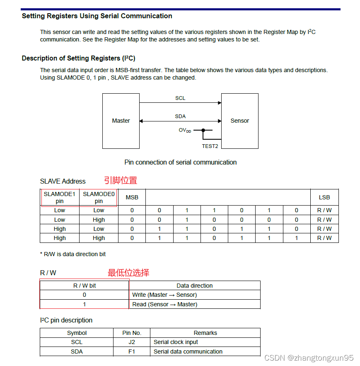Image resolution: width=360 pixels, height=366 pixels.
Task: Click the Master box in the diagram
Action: [121, 121]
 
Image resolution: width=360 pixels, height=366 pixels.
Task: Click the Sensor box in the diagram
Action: [239, 121]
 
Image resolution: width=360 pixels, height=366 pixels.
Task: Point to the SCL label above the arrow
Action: [180, 98]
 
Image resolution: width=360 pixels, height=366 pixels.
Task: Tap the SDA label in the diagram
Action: [180, 116]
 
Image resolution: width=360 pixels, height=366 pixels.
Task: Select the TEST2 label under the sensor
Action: [210, 146]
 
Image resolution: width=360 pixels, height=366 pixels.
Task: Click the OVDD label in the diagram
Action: [185, 130]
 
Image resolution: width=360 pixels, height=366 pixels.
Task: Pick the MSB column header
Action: [132, 197]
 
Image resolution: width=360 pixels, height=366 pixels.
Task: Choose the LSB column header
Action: [324, 197]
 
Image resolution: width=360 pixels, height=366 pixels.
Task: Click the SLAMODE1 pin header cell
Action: [60, 197]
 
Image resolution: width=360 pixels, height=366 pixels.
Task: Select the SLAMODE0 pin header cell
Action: [99, 197]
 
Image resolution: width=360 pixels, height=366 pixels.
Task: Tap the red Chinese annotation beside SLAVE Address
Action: [120, 180]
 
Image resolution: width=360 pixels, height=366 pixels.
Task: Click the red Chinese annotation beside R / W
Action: [128, 273]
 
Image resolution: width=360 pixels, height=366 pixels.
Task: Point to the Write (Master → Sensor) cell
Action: [164, 295]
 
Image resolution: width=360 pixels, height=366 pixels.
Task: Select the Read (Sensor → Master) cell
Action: [164, 304]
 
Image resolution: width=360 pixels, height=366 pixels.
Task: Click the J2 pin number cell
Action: [132, 342]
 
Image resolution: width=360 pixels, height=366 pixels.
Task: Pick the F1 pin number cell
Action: [132, 351]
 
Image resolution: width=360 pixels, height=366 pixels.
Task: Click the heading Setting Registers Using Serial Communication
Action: [97, 16]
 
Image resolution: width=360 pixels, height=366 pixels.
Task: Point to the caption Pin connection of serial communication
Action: [181, 162]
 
